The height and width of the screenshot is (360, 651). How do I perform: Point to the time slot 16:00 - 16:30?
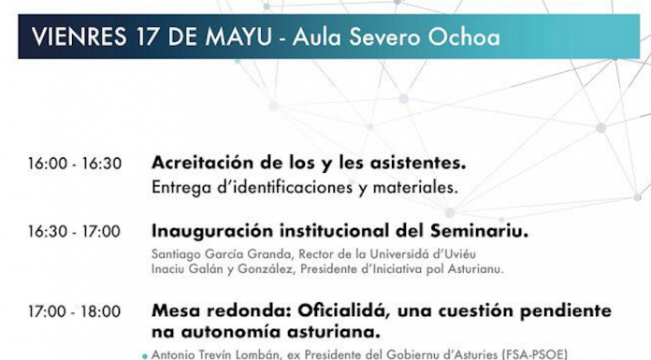pos(75,164)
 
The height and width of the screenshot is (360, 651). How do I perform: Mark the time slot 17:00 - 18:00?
pos(75,311)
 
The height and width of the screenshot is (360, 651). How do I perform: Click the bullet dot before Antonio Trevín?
pos(144,355)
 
